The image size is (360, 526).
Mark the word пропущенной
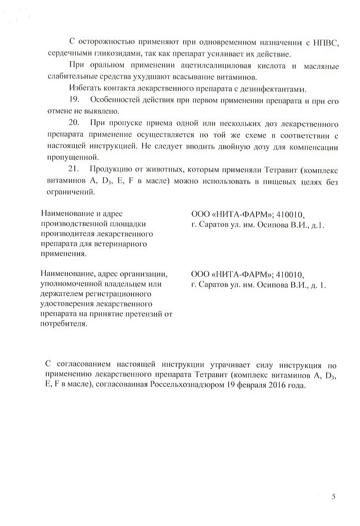click(x=72, y=157)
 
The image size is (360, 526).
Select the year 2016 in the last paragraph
click(x=278, y=386)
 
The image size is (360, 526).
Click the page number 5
click(x=333, y=497)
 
